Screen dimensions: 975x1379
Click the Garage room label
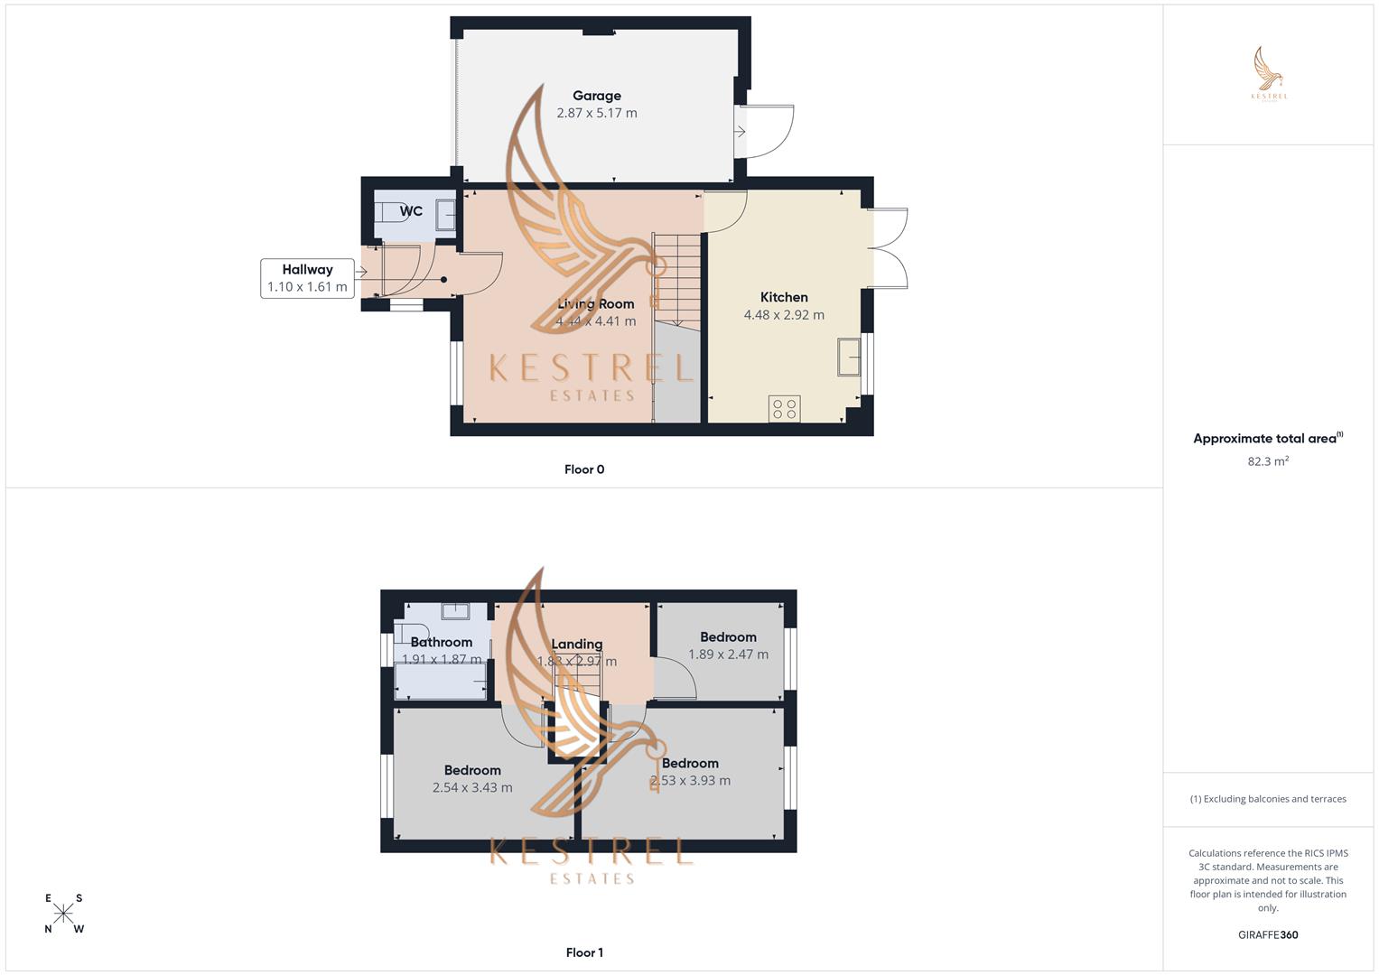pyautogui.click(x=596, y=96)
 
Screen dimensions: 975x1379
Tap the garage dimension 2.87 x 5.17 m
pyautogui.click(x=596, y=113)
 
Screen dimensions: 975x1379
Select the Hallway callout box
pyautogui.click(x=307, y=278)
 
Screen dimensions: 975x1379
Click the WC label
pyautogui.click(x=411, y=211)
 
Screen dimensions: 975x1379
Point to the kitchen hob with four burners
pyautogui.click(x=784, y=408)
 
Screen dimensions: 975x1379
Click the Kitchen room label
pyautogui.click(x=784, y=297)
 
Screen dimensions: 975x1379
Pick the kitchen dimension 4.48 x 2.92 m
pyautogui.click(x=784, y=315)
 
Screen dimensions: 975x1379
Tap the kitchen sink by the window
pyautogui.click(x=848, y=356)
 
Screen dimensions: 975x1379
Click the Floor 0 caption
pyautogui.click(x=584, y=469)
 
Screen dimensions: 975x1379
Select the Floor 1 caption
pyautogui.click(x=584, y=952)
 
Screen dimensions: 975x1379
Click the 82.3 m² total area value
pyautogui.click(x=1268, y=461)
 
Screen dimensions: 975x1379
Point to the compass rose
pyautogui.click(x=63, y=913)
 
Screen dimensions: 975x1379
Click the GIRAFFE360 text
pyautogui.click(x=1268, y=935)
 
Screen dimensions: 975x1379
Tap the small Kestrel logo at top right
pyautogui.click(x=1269, y=74)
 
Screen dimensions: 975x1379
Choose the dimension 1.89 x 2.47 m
pyautogui.click(x=728, y=655)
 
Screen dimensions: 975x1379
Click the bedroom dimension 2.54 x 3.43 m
pyautogui.click(x=472, y=787)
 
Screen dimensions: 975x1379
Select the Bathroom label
pyautogui.click(x=441, y=642)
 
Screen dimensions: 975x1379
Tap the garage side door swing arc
pyautogui.click(x=773, y=132)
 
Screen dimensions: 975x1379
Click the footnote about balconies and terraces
pyautogui.click(x=1268, y=799)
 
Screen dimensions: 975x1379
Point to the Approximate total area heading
pyautogui.click(x=1266, y=439)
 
